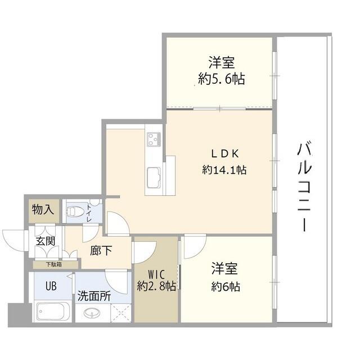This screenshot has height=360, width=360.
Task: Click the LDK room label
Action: point(225,154)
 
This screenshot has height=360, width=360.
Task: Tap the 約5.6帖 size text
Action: point(222,79)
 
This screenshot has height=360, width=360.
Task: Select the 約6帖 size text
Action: point(226,286)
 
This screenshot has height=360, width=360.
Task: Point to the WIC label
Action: point(156,274)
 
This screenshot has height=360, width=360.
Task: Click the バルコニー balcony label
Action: point(305,187)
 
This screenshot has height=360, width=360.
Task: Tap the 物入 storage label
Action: point(43,209)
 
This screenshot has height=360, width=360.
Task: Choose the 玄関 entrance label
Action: point(46,241)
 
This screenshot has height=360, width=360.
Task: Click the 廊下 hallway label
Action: point(101,250)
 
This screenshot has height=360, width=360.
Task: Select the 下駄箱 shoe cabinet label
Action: point(54,264)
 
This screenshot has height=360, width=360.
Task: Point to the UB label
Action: point(51,286)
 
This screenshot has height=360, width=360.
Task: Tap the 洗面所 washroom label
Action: point(94,296)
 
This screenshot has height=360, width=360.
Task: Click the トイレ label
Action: point(89,213)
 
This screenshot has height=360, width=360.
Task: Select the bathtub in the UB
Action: point(53,312)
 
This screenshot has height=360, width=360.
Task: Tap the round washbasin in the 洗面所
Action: point(92,313)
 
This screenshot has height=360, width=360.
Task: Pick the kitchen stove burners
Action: point(154,139)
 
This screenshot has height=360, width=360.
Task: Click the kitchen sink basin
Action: point(154,177)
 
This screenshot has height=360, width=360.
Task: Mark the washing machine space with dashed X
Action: point(121,313)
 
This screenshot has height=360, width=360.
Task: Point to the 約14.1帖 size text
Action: point(224,170)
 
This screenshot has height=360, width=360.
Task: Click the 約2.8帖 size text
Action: point(156,286)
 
